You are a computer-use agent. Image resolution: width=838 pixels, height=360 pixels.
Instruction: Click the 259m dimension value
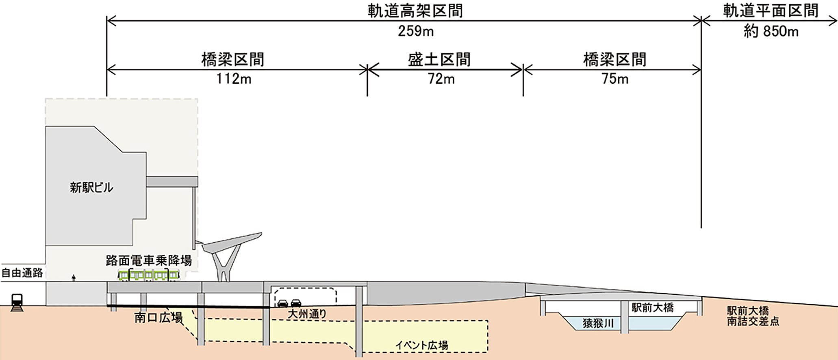click(415, 31)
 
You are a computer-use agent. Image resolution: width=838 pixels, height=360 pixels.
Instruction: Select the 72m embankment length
click(441, 78)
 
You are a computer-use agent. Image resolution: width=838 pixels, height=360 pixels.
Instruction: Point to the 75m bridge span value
click(615, 78)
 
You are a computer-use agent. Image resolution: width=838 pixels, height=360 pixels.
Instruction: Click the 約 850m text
click(771, 31)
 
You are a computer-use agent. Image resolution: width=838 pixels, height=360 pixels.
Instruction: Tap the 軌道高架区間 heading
click(415, 11)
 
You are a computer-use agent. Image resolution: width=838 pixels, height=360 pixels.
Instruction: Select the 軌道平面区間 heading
click(771, 11)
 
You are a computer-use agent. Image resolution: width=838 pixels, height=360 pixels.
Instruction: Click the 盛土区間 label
click(439, 60)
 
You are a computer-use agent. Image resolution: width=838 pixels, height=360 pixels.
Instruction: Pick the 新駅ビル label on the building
click(91, 188)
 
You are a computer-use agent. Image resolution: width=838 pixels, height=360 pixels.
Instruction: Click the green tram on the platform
click(148, 275)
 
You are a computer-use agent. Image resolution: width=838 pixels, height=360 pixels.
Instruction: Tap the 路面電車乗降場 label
click(149, 260)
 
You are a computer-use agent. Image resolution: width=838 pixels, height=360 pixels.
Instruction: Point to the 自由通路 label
click(22, 273)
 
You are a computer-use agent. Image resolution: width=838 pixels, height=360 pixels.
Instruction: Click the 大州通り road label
click(307, 314)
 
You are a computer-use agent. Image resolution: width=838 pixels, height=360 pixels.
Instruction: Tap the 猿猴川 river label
click(598, 323)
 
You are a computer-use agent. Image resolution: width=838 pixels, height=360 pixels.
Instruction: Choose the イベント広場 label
click(422, 345)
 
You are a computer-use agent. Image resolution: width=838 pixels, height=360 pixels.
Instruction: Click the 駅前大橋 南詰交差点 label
click(753, 316)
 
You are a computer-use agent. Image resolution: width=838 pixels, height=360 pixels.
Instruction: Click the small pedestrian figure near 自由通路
click(74, 278)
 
